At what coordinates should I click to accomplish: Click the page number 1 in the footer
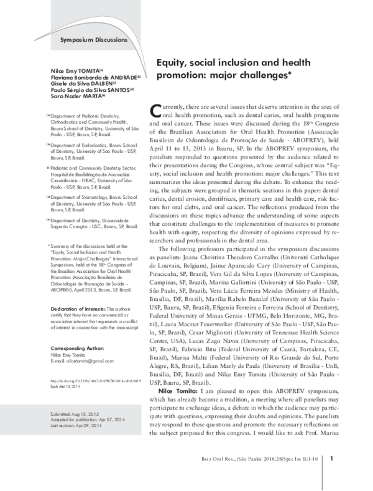point(333,476)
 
